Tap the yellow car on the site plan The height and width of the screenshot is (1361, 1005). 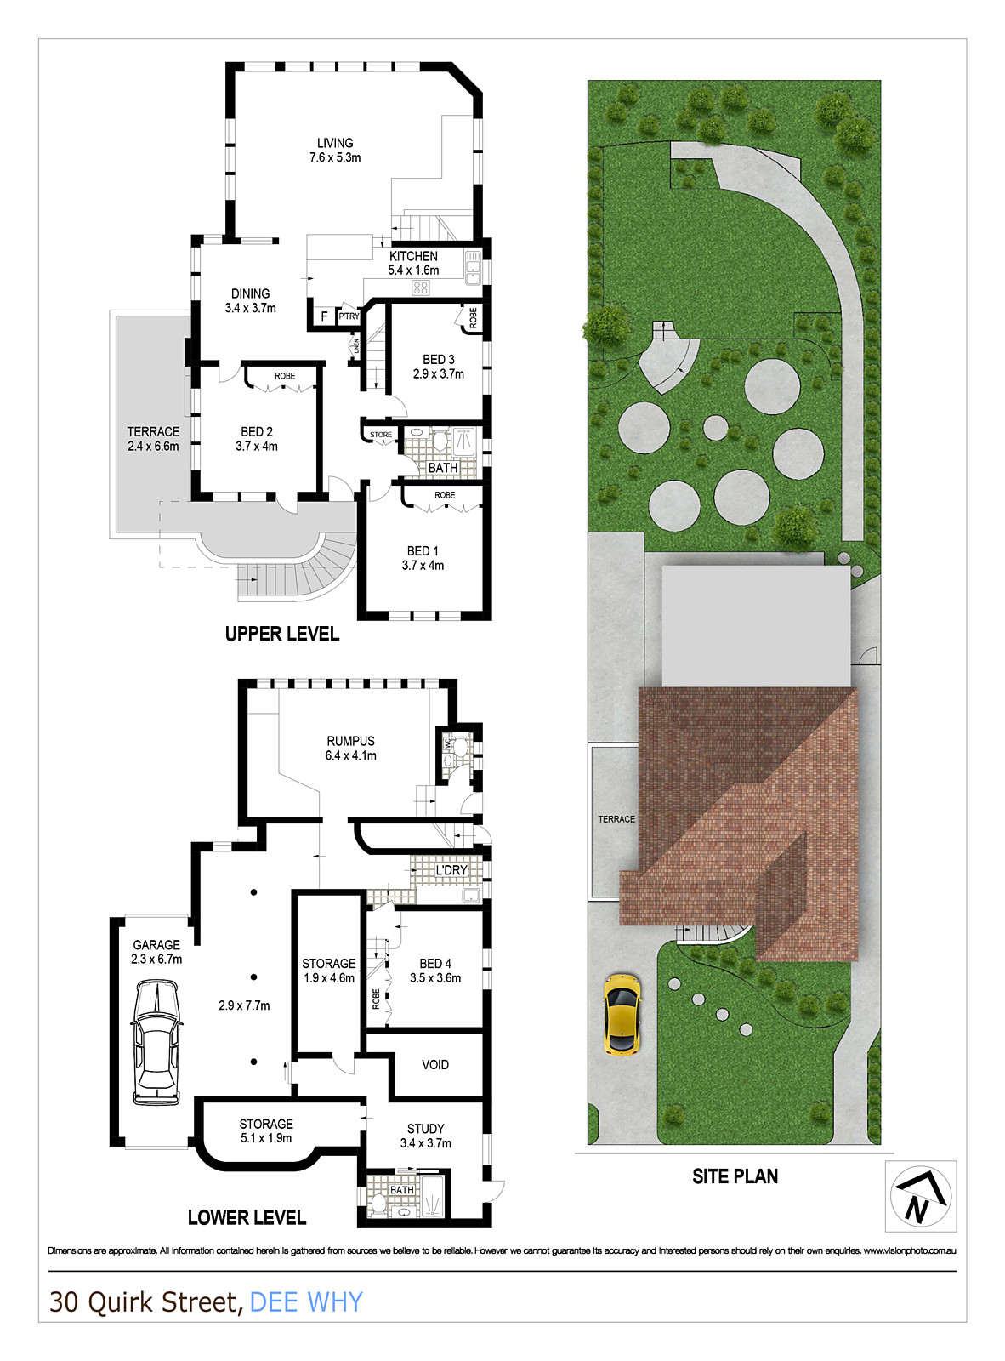click(x=622, y=1014)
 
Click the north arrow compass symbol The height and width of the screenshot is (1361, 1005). click(x=920, y=1195)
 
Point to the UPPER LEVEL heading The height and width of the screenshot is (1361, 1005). click(x=281, y=634)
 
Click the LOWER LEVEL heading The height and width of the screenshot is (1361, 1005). click(x=247, y=1217)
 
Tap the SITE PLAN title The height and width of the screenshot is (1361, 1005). click(x=735, y=1176)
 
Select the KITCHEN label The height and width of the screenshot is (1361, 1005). click(x=413, y=256)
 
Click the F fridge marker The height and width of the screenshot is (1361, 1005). click(x=324, y=316)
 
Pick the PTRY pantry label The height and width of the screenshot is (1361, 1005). click(x=349, y=316)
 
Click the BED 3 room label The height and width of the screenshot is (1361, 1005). click(x=438, y=359)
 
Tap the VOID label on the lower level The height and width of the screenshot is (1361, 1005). click(x=435, y=1064)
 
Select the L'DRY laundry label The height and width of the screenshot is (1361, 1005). click(x=451, y=870)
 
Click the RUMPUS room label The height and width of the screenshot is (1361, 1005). click(x=350, y=741)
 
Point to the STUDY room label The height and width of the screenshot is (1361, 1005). click(x=425, y=1129)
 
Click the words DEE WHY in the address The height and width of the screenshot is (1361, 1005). click(x=306, y=1301)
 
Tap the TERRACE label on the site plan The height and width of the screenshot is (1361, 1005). click(x=616, y=819)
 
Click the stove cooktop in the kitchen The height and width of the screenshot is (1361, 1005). click(x=420, y=288)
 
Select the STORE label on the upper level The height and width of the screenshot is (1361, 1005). click(x=381, y=435)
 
